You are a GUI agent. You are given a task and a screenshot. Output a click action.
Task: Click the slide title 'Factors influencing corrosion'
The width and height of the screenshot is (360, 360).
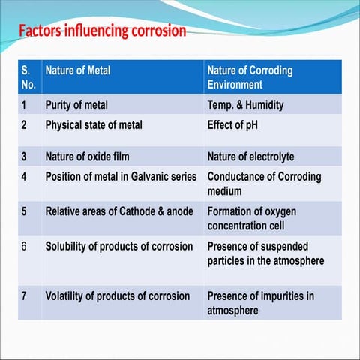point(102,31)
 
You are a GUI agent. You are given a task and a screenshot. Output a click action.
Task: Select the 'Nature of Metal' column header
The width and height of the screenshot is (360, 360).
point(78,70)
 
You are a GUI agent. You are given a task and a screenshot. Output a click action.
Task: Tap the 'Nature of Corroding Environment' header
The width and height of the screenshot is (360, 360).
point(250,77)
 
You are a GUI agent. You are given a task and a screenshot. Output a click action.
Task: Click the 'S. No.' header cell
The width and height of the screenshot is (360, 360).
point(28,77)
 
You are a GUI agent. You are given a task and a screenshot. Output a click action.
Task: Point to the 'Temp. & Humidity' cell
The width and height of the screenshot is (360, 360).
point(251,104)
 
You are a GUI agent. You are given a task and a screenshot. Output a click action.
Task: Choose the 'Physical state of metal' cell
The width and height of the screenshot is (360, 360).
point(94,124)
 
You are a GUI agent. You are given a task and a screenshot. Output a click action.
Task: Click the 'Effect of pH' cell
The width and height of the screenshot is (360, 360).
point(232,124)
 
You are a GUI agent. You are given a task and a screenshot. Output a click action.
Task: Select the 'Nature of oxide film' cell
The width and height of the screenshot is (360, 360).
point(88,157)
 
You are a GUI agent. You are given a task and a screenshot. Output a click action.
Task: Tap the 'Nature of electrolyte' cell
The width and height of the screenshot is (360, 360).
point(250,157)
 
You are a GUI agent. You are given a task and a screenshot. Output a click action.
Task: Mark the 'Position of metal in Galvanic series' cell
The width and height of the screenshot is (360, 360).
point(121,177)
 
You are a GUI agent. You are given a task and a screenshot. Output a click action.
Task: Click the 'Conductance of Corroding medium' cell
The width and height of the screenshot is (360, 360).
point(264,184)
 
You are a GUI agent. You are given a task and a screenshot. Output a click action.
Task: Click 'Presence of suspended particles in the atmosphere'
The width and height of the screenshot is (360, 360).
point(265,253)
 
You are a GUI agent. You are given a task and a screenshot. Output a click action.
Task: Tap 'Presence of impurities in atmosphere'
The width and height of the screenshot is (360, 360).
point(260,302)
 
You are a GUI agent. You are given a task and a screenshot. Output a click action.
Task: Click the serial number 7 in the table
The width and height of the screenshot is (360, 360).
point(25,295)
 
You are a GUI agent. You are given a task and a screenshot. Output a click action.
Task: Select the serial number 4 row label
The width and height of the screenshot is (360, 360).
point(25,177)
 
